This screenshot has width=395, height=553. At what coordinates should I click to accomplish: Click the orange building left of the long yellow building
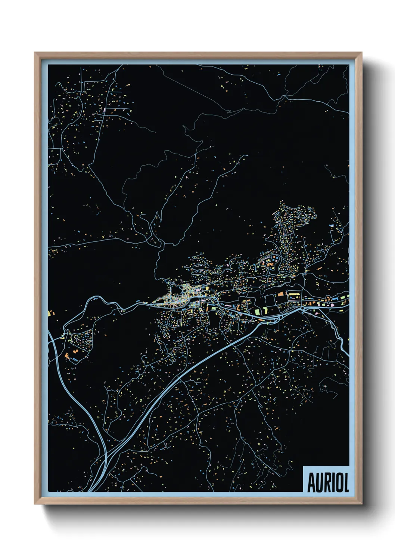[x=280, y=294]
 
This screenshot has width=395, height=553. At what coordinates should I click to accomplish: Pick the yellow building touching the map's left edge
[x=50, y=313]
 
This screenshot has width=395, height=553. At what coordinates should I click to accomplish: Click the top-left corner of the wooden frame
[x=35, y=53]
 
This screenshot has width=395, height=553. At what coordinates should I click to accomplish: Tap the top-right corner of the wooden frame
[x=362, y=53]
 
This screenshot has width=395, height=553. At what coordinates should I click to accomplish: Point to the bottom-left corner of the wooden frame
[x=35, y=504]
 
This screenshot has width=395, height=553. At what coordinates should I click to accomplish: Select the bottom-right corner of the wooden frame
[x=362, y=504]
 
